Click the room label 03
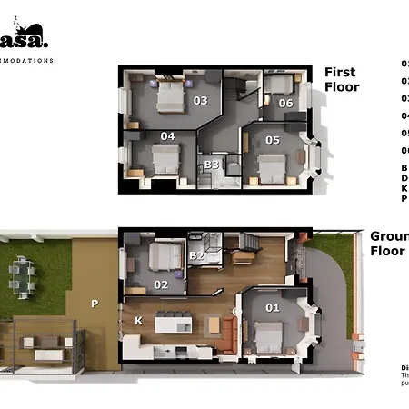point(200,101)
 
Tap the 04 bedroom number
point(167,136)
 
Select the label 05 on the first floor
point(273,140)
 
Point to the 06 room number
point(285,103)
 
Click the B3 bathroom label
point(211,165)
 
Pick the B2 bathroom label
point(197,255)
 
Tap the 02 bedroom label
point(162,284)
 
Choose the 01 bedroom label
point(273,307)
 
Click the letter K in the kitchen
point(138,321)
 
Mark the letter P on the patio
point(94,304)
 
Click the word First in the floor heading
point(341,72)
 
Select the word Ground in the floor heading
point(388,236)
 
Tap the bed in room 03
point(170,95)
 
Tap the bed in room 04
point(165,160)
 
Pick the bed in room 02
point(165,258)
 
